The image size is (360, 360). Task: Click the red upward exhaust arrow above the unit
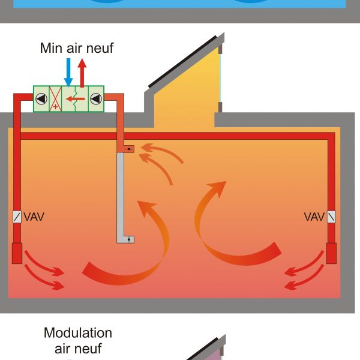point(82,71)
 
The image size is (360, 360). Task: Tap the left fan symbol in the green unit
point(41,98)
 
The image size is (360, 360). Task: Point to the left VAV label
point(34,216)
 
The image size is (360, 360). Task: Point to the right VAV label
point(314,216)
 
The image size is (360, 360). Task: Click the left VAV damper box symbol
point(17,217)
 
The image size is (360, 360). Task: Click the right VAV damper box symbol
point(331,217)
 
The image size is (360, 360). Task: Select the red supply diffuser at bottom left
point(17,253)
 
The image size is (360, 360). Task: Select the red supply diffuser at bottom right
point(331,253)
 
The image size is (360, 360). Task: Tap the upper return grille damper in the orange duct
point(128,148)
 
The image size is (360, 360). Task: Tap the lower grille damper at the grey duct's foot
point(128,239)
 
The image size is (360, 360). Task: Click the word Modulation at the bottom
point(78,333)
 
